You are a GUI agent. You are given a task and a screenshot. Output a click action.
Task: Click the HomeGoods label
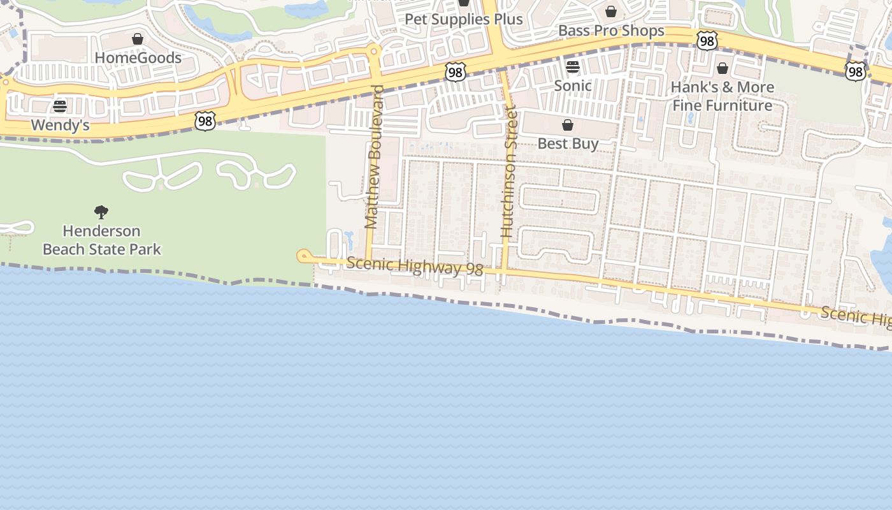(x=138, y=58)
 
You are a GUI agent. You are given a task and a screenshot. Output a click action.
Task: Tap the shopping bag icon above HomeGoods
(x=138, y=40)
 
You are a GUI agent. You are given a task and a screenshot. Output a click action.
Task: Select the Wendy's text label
(x=60, y=126)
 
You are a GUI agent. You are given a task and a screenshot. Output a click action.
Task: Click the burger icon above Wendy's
(x=60, y=106)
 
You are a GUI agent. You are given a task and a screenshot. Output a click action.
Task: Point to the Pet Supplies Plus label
(x=464, y=19)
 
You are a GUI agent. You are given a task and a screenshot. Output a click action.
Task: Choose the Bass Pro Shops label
(x=611, y=31)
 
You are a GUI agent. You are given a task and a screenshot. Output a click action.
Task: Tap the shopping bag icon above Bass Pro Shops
(x=611, y=11)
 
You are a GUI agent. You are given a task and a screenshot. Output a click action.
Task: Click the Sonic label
(x=573, y=85)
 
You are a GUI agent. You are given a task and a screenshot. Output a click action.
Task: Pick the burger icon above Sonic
(x=573, y=66)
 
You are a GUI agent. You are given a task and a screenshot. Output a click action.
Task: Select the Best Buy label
(x=568, y=143)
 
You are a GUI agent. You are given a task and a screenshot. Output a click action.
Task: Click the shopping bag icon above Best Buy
(x=568, y=125)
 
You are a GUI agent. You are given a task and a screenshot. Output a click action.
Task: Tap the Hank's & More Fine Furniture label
(x=723, y=96)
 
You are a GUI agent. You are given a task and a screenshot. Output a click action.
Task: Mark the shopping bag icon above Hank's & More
(x=723, y=68)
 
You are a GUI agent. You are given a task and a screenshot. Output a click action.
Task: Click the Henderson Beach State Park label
(x=102, y=240)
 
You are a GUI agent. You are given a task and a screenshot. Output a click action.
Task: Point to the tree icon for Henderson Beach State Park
(x=101, y=212)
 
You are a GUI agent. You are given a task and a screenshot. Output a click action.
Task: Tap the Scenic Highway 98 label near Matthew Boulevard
(x=415, y=266)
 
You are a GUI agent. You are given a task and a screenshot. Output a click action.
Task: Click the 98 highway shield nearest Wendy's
(x=205, y=121)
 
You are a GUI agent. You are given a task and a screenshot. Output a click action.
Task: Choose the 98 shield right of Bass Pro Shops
(x=707, y=41)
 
